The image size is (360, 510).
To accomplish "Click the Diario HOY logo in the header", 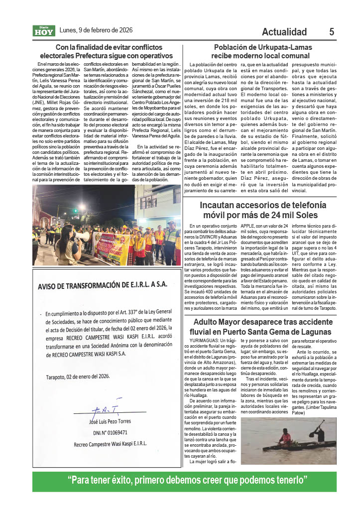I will (44, 31).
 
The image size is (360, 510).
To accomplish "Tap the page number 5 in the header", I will (331, 32).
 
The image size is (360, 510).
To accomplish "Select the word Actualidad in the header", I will (284, 32).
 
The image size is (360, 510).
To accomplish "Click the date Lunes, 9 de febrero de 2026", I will (96, 30).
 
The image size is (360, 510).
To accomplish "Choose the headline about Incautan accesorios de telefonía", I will (263, 210).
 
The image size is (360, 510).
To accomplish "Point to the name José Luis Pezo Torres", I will (110, 421).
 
